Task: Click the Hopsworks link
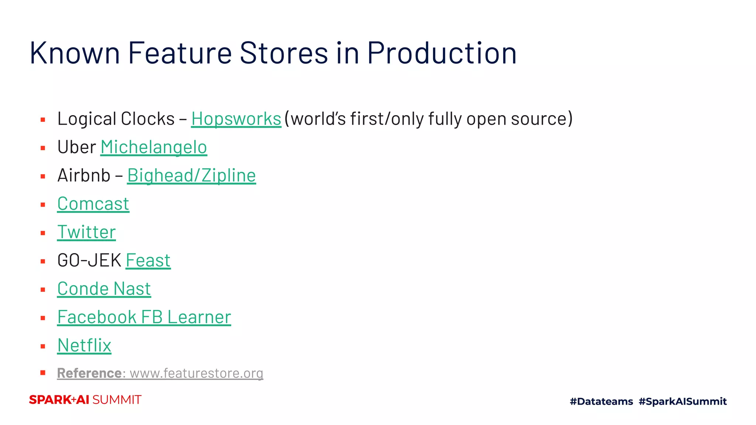pos(236,119)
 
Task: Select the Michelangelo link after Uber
pos(154,147)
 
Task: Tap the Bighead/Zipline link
pos(191,176)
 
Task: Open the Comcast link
pos(93,204)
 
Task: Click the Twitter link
pos(86,232)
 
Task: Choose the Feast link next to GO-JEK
pos(148,261)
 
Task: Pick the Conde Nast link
pos(104,289)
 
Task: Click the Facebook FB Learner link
pos(144,317)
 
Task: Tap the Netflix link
pos(84,346)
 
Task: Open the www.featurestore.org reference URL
pos(196,373)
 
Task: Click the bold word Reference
pos(89,373)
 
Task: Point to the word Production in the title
pos(441,53)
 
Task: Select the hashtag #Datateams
pos(601,401)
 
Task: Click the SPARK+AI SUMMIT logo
pos(85,400)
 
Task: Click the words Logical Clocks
pos(116,119)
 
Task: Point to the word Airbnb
pos(84,176)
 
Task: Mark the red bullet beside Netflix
pos(43,346)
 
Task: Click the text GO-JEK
pos(89,261)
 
